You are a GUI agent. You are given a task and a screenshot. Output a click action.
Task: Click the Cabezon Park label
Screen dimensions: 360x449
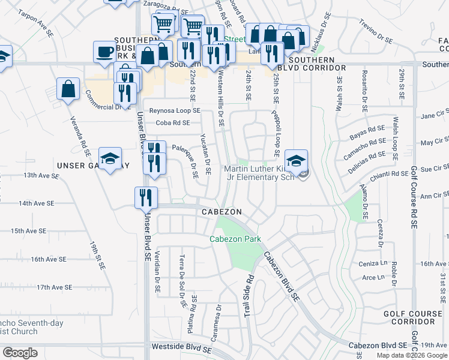235,239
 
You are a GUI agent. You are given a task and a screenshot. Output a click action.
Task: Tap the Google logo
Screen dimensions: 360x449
20,353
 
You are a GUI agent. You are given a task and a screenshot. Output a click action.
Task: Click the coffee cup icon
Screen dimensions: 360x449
105,51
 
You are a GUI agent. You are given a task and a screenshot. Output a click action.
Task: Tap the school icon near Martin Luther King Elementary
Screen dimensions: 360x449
296,161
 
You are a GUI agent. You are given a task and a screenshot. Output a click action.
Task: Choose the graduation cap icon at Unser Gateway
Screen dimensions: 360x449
110,158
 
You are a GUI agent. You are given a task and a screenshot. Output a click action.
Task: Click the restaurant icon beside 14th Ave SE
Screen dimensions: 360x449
146,197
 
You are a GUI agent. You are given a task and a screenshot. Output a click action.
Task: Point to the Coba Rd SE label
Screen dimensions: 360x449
172,123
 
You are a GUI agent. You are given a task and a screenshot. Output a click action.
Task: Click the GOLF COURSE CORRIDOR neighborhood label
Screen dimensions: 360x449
417,318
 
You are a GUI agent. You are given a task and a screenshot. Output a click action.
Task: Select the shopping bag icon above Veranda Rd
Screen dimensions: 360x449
68,89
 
